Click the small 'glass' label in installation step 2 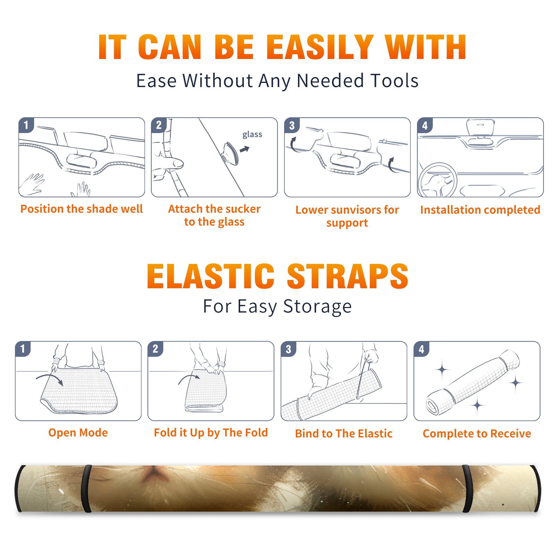coord(252,135)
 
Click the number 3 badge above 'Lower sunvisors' coord(292,125)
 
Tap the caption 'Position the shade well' coord(82,209)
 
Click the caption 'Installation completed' coord(480,210)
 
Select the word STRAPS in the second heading coord(348,276)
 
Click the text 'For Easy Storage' coord(277,306)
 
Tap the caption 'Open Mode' coord(78,433)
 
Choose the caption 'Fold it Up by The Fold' coord(211,433)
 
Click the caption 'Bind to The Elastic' coord(344,433)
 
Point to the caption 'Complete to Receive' coord(477,434)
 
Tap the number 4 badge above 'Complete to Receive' coord(421,349)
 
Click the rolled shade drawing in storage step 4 coord(473,382)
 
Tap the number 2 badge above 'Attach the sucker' coord(159,125)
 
